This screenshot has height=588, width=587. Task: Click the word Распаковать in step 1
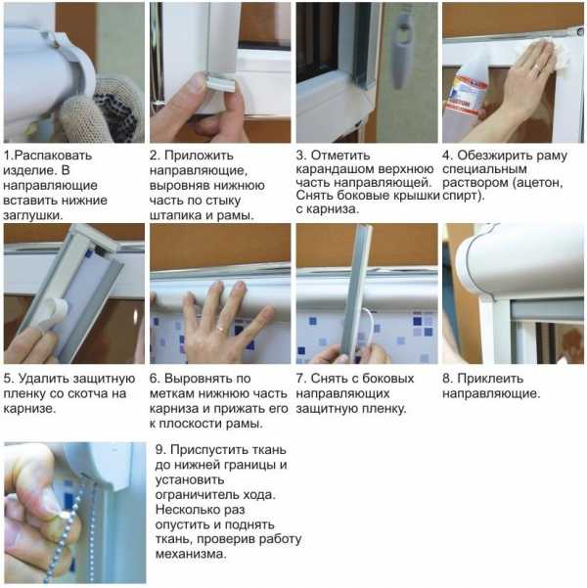tap(53, 156)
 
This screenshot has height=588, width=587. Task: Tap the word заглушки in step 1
tap(31, 215)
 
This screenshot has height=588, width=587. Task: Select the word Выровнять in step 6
tap(199, 379)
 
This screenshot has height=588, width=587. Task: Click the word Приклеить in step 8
tap(490, 379)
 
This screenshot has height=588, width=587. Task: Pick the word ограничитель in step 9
tap(198, 495)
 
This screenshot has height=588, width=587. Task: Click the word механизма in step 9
tap(191, 554)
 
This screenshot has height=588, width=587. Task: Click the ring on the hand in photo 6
tap(221, 330)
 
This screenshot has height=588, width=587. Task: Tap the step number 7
tap(299, 379)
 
